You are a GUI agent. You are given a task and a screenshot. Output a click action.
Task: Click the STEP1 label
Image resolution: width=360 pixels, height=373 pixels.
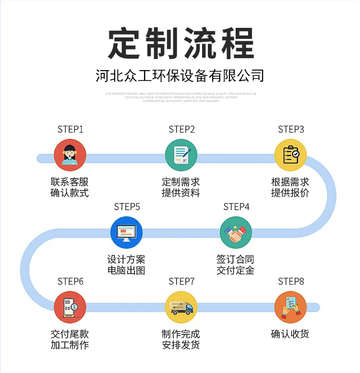click(x=71, y=129)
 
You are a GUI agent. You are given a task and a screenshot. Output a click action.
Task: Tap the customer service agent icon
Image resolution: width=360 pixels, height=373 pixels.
click(x=70, y=155)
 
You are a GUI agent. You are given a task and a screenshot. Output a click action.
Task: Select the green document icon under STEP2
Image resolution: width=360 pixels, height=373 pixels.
click(x=181, y=155)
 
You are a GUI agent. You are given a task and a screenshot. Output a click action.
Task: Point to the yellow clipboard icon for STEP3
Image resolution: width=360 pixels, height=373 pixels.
click(x=290, y=155)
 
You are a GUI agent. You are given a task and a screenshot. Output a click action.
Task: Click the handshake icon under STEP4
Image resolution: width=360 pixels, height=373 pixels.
click(x=236, y=232)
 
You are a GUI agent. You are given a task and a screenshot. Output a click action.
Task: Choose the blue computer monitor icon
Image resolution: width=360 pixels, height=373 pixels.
click(x=126, y=232)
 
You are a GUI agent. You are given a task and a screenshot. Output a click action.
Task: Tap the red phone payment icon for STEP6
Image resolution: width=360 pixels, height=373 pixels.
click(x=70, y=307)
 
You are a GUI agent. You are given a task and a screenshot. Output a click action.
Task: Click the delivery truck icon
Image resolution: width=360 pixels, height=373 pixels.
click(x=181, y=307)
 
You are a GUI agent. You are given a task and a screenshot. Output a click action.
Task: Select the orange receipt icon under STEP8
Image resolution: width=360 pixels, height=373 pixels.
click(x=290, y=307)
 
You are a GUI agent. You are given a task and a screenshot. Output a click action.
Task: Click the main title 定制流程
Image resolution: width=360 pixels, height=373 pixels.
click(x=180, y=44)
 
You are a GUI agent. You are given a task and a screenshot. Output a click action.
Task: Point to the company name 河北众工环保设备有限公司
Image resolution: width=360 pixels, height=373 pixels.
click(x=180, y=76)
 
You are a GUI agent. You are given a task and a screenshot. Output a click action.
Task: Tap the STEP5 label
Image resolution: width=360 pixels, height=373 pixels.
click(x=127, y=207)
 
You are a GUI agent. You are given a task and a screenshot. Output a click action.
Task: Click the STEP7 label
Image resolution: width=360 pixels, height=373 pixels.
click(x=181, y=281)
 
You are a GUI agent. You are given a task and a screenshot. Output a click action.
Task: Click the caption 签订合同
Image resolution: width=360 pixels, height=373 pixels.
click(x=235, y=260)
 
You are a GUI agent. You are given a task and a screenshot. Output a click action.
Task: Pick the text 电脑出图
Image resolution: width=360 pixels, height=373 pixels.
click(x=126, y=270)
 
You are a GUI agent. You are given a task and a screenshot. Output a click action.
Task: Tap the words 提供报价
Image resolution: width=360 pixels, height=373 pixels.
click(x=290, y=193)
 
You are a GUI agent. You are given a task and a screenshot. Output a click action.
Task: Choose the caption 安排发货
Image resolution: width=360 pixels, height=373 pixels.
click(x=180, y=345)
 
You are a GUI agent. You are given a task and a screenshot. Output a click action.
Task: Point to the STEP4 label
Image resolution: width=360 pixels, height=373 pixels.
click(x=236, y=207)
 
